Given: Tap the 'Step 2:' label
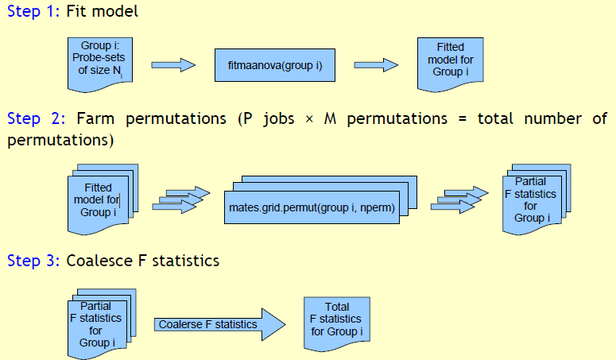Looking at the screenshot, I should (x=33, y=119).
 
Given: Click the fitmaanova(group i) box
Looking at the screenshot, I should (x=268, y=65).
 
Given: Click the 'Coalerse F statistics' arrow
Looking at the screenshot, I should (x=219, y=324).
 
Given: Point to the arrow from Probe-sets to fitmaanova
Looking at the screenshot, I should (x=172, y=64).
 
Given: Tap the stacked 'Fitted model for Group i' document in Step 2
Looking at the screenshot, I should (x=103, y=199).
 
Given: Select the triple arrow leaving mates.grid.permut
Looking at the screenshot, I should (x=457, y=200).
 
